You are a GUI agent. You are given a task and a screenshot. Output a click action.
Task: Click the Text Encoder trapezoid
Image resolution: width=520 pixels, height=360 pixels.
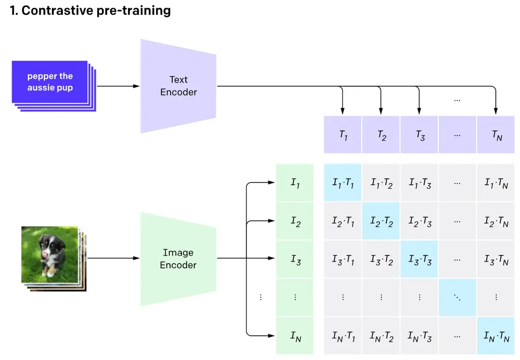pyautogui.click(x=178, y=86)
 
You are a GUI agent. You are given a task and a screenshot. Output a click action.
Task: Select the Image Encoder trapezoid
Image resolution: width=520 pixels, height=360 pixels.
pyautogui.click(x=178, y=259)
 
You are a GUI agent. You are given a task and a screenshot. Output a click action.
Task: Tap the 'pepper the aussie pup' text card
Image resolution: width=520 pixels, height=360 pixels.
pyautogui.click(x=51, y=82)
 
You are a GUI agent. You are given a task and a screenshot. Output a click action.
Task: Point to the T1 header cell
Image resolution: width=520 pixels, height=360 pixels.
pyautogui.click(x=343, y=135)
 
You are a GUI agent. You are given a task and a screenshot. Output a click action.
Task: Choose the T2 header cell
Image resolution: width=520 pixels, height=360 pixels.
pyautogui.click(x=381, y=135)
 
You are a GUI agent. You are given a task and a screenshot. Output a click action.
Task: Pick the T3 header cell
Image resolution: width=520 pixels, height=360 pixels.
pyautogui.click(x=419, y=135)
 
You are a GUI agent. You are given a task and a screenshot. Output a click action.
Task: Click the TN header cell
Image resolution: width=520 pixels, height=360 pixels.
pyautogui.click(x=496, y=135)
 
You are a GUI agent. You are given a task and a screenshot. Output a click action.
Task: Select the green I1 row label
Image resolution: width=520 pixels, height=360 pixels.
pyautogui.click(x=295, y=183)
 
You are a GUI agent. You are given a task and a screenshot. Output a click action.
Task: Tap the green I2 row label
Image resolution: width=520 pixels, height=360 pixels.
pyautogui.click(x=295, y=221)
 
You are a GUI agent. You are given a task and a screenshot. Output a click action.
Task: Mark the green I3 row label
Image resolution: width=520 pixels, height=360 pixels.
pyautogui.click(x=295, y=259)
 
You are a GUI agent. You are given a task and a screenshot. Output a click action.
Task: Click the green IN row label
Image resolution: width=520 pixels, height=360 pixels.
pyautogui.click(x=295, y=336)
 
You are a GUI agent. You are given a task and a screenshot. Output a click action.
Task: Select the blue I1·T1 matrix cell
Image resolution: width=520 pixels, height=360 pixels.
pyautogui.click(x=343, y=183)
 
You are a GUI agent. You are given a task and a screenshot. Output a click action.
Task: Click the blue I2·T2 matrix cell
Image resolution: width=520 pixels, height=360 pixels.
pyautogui.click(x=381, y=221)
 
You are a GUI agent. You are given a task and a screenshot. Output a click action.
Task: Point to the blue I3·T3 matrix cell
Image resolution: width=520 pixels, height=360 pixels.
pyautogui.click(x=419, y=259)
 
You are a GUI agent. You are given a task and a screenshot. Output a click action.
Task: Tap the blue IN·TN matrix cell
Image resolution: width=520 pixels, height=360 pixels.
pyautogui.click(x=496, y=336)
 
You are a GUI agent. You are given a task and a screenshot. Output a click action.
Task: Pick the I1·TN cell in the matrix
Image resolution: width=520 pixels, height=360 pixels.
pyautogui.click(x=496, y=183)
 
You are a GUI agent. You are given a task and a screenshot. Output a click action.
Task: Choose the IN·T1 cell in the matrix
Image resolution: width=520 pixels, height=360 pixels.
pyautogui.click(x=343, y=336)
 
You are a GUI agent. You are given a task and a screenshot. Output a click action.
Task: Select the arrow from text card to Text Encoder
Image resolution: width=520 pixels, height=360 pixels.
pyautogui.click(x=118, y=86)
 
